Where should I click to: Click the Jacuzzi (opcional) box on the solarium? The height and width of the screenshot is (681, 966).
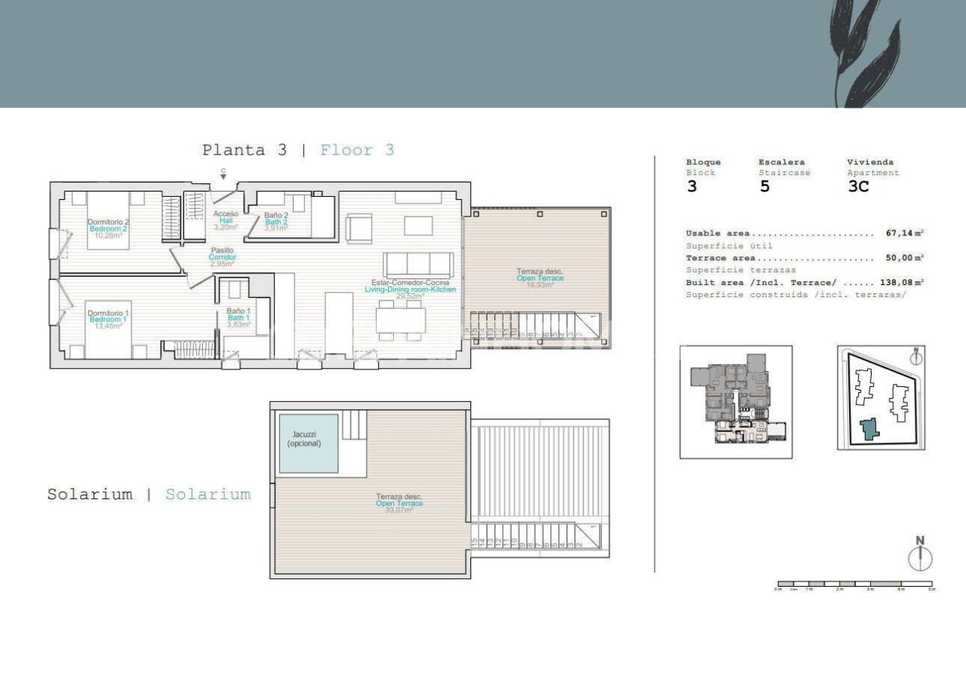pos(309,443)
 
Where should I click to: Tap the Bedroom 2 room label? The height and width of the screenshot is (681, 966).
pos(109,229)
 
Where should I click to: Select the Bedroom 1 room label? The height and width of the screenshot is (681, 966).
pos(109,319)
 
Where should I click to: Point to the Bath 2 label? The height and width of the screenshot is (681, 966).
pos(276,221)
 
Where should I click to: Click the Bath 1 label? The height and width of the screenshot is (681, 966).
pos(238,317)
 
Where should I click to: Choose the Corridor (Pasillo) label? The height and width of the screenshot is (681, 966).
pos(223,257)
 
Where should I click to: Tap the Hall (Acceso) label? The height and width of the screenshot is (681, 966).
pos(226,220)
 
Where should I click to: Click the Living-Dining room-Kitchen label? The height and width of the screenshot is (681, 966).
pos(410,290)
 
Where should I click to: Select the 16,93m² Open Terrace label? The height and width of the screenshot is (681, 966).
pos(540,278)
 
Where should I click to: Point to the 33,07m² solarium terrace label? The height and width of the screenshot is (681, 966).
pos(399,503)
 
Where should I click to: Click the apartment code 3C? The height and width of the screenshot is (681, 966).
pos(859,187)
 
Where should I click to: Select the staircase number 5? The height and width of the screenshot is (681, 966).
pos(764,187)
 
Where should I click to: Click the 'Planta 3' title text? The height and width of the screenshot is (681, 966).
pos(244,150)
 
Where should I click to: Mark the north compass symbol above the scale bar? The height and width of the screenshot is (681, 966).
pos(920,554)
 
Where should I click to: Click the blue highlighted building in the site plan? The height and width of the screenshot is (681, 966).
pos(871,430)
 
